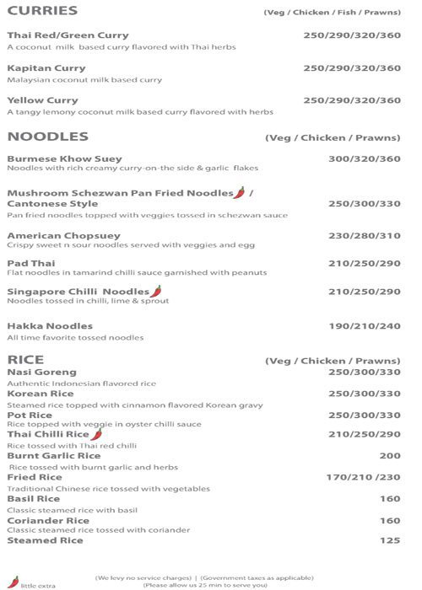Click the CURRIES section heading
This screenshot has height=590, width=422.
(42, 11)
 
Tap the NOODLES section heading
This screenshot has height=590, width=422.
(47, 137)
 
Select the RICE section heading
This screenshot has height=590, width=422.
(25, 360)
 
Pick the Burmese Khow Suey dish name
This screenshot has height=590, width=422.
(64, 158)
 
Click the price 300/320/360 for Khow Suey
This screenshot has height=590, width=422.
(365, 158)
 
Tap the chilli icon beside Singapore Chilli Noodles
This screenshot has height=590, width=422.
(156, 291)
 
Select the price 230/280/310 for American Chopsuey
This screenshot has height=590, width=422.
(365, 236)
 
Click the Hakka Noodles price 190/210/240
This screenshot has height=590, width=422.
(365, 326)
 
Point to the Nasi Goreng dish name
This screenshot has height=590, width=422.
(41, 372)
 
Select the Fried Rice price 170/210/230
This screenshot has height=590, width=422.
(363, 477)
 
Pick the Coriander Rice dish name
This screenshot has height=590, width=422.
(48, 520)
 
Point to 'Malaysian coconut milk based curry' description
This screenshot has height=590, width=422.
(84, 80)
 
